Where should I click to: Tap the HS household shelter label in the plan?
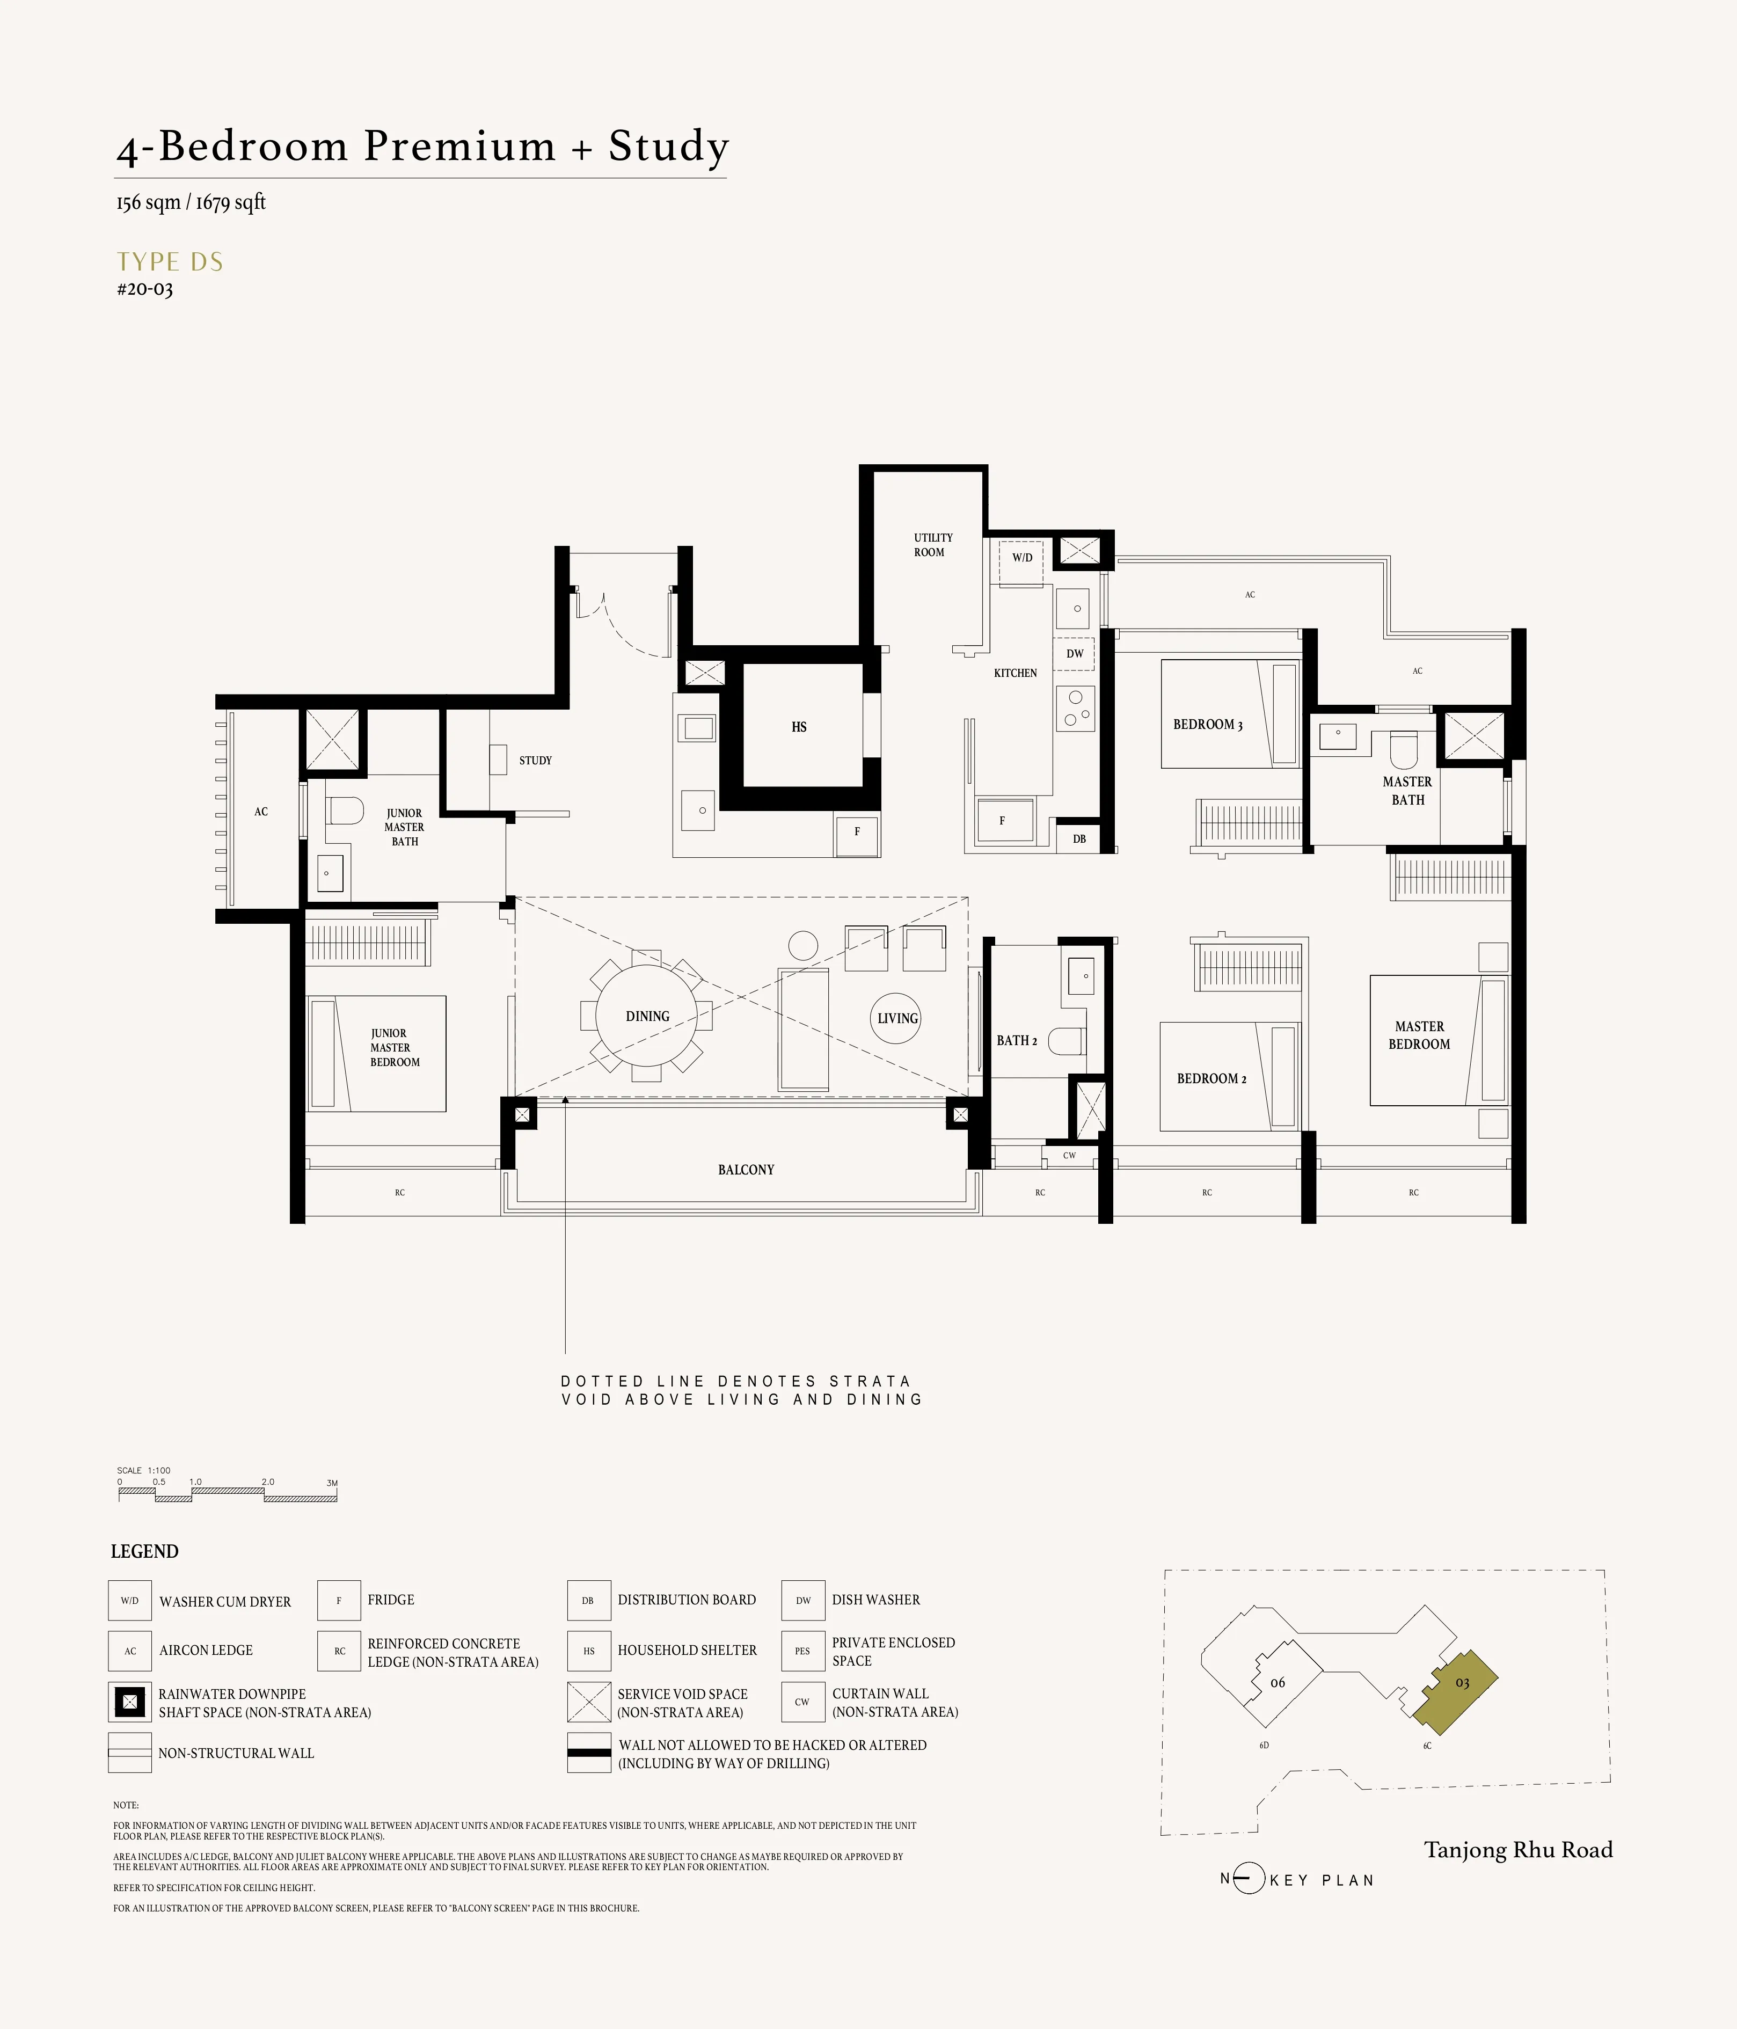(x=799, y=727)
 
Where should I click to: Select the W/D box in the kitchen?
(x=1021, y=558)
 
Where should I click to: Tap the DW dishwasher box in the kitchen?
(x=1074, y=653)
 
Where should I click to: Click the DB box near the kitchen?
(x=1078, y=838)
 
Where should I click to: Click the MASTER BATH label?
(x=1407, y=790)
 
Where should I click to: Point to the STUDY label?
(x=535, y=760)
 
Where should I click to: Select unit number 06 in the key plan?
(x=1277, y=1682)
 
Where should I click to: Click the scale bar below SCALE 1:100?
(x=227, y=1497)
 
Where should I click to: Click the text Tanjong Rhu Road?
(x=1517, y=1849)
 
